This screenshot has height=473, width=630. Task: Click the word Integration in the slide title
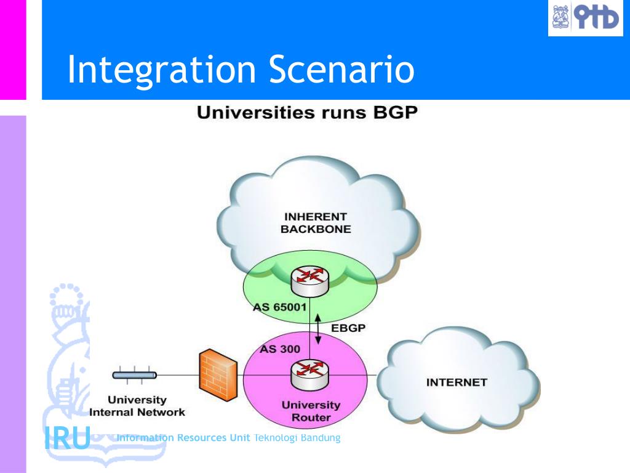point(161,70)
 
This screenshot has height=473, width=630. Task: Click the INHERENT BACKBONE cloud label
point(316,223)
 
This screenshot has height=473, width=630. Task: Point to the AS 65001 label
point(280,307)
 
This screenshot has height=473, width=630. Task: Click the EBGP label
point(349,328)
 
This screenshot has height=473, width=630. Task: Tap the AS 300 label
point(280,349)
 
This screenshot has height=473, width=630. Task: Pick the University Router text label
point(311,411)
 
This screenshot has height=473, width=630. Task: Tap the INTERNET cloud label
point(457,382)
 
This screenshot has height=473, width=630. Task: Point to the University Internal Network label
point(137,406)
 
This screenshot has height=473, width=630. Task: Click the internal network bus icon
point(134,374)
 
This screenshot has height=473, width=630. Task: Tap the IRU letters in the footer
point(67,438)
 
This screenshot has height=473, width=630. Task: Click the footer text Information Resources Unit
point(183,438)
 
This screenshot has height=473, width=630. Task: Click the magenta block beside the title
point(13,49)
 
